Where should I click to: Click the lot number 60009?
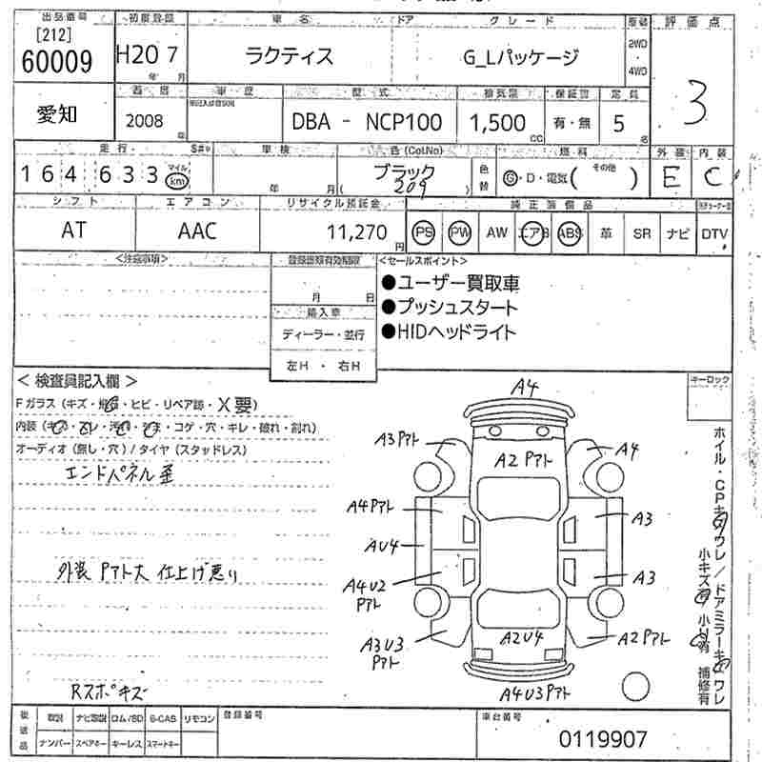tap(55, 62)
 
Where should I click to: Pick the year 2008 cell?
tap(144, 122)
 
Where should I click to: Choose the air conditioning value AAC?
tap(197, 231)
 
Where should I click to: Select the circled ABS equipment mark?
tap(571, 232)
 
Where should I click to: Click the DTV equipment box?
tap(714, 233)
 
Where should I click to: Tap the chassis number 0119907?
tap(602, 738)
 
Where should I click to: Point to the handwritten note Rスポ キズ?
tap(113, 689)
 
